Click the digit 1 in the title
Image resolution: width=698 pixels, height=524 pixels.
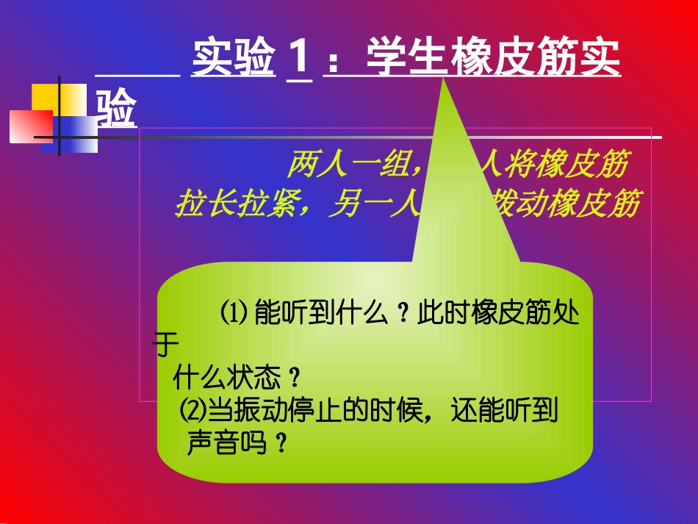pyautogui.click(x=298, y=59)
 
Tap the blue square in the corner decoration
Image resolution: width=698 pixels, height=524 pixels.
pyautogui.click(x=76, y=132)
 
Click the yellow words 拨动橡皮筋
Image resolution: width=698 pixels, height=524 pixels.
pyautogui.click(x=562, y=204)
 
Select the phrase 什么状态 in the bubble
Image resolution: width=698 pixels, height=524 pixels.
pyautogui.click(x=228, y=379)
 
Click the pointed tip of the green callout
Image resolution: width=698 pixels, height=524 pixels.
pyautogui.click(x=443, y=82)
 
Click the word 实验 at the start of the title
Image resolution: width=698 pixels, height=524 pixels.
pyautogui.click(x=234, y=59)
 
